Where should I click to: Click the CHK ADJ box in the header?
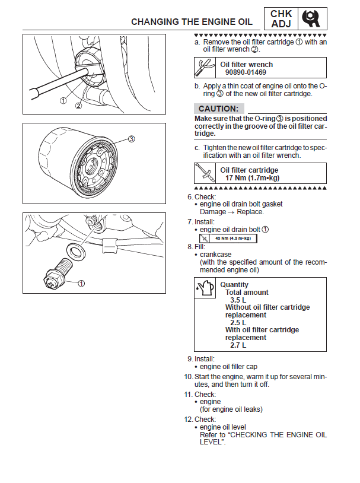pyautogui.click(x=281, y=19)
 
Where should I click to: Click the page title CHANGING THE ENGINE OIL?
pyautogui.click(x=192, y=22)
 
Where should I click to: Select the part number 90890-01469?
pyautogui.click(x=245, y=72)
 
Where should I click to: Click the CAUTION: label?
pyautogui.click(x=218, y=109)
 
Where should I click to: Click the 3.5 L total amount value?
pyautogui.click(x=238, y=300)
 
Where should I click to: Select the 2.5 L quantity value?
pyautogui.click(x=238, y=323)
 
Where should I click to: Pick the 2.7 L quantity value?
pyautogui.click(x=238, y=345)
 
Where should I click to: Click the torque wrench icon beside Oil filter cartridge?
pyautogui.click(x=205, y=173)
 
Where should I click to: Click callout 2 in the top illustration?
pyautogui.click(x=78, y=106)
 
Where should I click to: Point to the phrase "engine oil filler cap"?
pyautogui.click(x=228, y=367)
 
